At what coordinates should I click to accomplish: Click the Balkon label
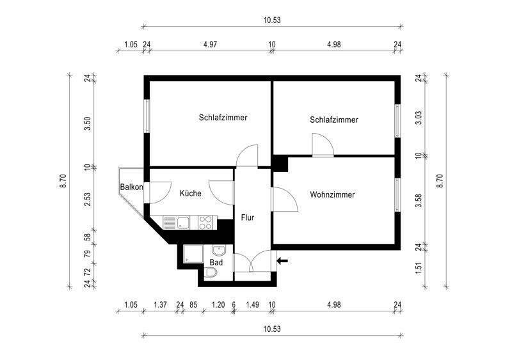pyautogui.click(x=132, y=187)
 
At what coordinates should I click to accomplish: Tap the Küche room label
pyautogui.click(x=190, y=193)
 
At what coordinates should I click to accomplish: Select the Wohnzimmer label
pyautogui.click(x=332, y=195)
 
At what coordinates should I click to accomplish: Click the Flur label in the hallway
pyautogui.click(x=248, y=217)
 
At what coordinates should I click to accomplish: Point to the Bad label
pyautogui.click(x=216, y=262)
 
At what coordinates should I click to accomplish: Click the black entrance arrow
pyautogui.click(x=282, y=260)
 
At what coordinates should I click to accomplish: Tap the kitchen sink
pyautogui.click(x=176, y=223)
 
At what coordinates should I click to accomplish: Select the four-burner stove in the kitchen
pyautogui.click(x=205, y=223)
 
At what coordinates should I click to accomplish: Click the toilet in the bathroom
pyautogui.click(x=211, y=272)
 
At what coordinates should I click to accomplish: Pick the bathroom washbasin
pyautogui.click(x=218, y=251)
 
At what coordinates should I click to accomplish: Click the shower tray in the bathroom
pyautogui.click(x=193, y=254)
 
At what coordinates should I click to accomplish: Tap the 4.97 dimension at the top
pyautogui.click(x=210, y=44)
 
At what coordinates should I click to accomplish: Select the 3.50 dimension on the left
pyautogui.click(x=87, y=123)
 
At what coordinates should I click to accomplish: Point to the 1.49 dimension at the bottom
pyautogui.click(x=252, y=304)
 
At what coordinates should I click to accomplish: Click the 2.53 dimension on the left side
pyautogui.click(x=87, y=200)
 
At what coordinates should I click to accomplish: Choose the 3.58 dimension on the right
pyautogui.click(x=419, y=201)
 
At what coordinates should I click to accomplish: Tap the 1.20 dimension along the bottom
pyautogui.click(x=218, y=304)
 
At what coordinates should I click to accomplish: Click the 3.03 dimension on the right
pyautogui.click(x=419, y=118)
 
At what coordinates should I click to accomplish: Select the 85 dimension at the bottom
pyautogui.click(x=193, y=304)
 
